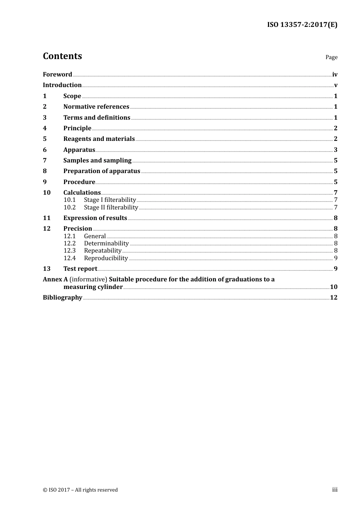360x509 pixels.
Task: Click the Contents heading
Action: [62, 56]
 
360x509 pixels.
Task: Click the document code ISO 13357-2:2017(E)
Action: [302, 25]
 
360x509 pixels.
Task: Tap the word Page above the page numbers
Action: [331, 57]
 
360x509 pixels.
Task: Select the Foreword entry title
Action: [57, 74]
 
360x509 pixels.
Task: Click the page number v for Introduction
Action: [335, 85]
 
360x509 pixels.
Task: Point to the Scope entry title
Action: [72, 96]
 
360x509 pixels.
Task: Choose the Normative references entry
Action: [96, 107]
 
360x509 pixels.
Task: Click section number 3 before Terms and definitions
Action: [45, 117]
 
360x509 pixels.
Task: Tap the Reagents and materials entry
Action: [99, 139]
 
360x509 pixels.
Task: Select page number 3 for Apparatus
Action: [335, 150]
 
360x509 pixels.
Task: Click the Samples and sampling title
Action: [97, 160]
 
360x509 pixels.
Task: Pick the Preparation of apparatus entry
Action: [102, 171]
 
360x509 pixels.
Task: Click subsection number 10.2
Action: [69, 207]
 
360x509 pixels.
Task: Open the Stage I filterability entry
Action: [110, 200]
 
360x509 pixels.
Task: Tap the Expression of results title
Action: [95, 218]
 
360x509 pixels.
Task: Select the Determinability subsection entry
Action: [106, 244]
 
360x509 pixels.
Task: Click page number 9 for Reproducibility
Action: [335, 258]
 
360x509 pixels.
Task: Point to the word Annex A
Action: [55, 279]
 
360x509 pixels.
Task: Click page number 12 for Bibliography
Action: [333, 297]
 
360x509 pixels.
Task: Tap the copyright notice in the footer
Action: [80, 490]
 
